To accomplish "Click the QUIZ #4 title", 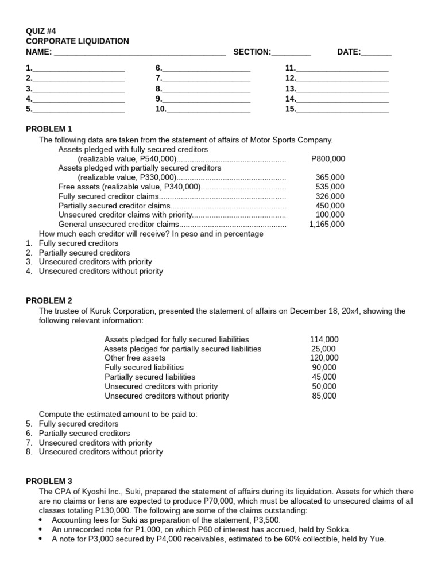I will click(x=41, y=32).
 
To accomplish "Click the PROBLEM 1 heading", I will click(x=49, y=129).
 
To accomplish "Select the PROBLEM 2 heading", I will click(x=49, y=300).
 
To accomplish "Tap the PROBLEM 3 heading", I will click(x=49, y=481).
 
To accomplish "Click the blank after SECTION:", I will click(x=291, y=52).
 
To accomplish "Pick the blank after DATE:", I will click(x=377, y=52).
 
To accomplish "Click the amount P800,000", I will click(x=328, y=159).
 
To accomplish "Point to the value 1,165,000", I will click(x=327, y=225).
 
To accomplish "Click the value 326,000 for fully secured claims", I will click(x=330, y=196).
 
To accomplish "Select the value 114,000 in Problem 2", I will click(x=324, y=339).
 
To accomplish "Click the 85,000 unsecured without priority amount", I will click(x=324, y=396).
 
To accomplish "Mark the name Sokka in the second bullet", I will click(x=337, y=529).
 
